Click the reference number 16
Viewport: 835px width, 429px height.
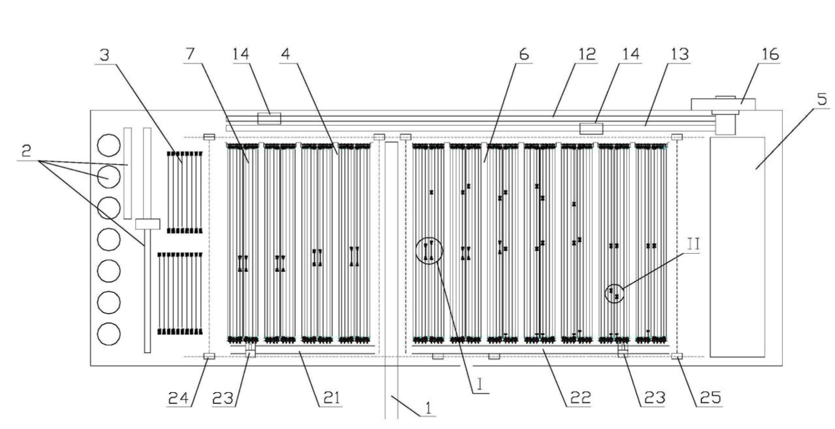[770, 54]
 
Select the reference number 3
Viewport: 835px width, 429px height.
[105, 55]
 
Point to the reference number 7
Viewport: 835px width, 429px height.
[190, 54]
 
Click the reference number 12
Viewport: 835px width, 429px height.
[587, 54]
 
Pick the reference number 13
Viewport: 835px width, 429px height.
[680, 54]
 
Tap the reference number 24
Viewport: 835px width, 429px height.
[178, 398]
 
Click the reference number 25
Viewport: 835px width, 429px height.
[710, 398]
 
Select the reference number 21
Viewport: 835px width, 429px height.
[331, 398]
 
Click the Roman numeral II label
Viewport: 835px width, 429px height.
[693, 245]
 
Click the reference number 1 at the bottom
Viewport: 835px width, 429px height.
[429, 408]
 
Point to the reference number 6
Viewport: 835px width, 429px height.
[524, 54]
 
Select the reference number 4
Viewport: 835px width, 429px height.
[285, 54]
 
